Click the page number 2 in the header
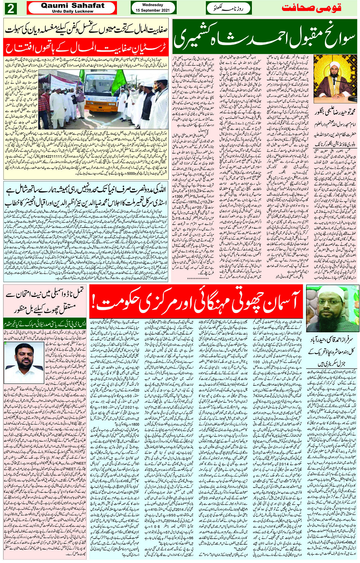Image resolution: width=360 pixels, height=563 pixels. click(x=10, y=8)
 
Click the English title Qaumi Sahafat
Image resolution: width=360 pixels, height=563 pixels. click(x=72, y=5)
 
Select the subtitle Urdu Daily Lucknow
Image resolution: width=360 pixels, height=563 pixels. click(x=72, y=11)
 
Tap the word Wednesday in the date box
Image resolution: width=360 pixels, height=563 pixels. click(x=153, y=5)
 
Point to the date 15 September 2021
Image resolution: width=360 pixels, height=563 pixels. click(x=153, y=10)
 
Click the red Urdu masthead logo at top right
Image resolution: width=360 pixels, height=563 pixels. click(x=311, y=8)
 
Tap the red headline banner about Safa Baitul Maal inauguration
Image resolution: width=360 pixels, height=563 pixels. click(x=86, y=48)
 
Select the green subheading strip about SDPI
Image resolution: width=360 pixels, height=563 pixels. click(x=45, y=324)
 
